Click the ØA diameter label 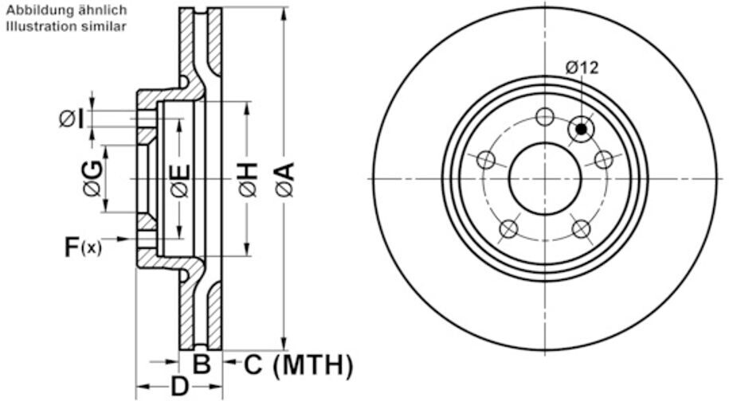(x=285, y=179)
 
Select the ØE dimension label (x=180, y=180)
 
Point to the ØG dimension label (x=92, y=177)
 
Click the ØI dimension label (x=72, y=119)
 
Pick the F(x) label (x=82, y=247)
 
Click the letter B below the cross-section (x=202, y=364)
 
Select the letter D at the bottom (x=179, y=386)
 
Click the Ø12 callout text (x=582, y=68)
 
